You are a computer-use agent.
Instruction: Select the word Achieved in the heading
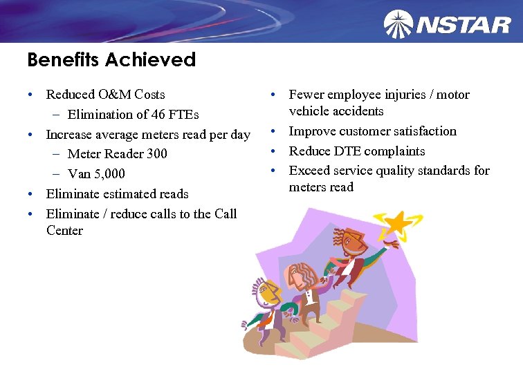click(151, 60)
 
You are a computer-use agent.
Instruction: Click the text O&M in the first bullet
click(118, 95)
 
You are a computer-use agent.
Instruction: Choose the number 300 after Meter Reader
click(156, 153)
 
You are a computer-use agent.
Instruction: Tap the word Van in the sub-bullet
click(79, 174)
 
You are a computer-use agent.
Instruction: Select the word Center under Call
click(64, 231)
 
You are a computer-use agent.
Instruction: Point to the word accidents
click(356, 111)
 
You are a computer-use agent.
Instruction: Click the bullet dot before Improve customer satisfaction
click(274, 131)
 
